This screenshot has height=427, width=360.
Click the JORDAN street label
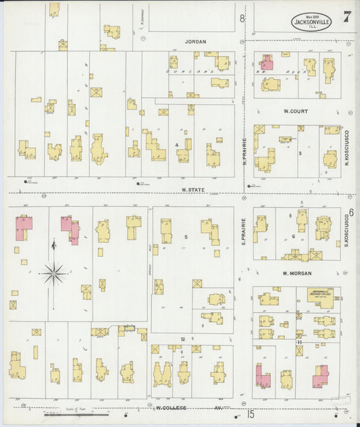[x=195, y=41]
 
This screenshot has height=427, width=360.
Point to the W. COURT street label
[x=296, y=110]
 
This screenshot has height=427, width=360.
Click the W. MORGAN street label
[x=295, y=273]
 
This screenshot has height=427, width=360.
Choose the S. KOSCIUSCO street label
[x=346, y=233]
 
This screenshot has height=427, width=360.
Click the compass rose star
[x=53, y=273]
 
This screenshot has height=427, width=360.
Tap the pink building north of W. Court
[x=267, y=64]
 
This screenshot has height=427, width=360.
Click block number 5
[x=186, y=236]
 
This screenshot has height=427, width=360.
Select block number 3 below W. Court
[x=300, y=153]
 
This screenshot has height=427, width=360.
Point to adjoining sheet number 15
[x=251, y=413]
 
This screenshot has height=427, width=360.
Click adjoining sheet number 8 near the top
[x=242, y=18]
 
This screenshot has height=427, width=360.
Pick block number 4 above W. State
[x=176, y=145]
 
